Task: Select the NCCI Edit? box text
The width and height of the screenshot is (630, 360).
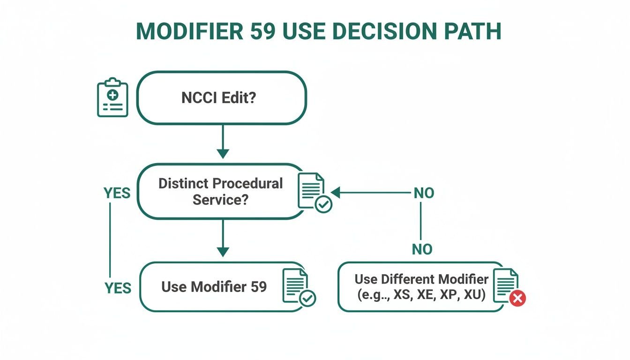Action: (x=218, y=98)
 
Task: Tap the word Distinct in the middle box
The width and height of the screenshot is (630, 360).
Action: (x=184, y=183)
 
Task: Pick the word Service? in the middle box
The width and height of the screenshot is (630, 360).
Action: (x=220, y=199)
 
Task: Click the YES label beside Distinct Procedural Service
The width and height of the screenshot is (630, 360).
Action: (x=117, y=193)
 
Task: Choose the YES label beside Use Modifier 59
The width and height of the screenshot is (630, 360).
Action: (x=117, y=287)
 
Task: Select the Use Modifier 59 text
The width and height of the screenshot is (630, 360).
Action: (x=214, y=286)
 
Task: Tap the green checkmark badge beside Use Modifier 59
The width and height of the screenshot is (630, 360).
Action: (x=307, y=298)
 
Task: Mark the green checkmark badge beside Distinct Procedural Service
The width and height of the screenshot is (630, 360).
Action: (x=323, y=204)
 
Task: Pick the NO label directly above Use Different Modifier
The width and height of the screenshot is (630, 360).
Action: (x=422, y=249)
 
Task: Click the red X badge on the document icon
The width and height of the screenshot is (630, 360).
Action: (x=517, y=298)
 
